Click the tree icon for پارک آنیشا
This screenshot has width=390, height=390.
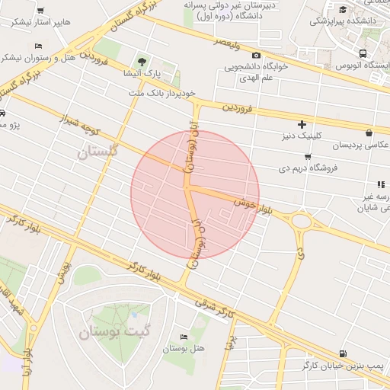142,62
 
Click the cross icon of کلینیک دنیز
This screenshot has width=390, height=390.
302,123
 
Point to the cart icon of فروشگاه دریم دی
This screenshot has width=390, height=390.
307,156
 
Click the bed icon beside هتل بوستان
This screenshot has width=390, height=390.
183,337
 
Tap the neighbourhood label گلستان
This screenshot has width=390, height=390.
99,153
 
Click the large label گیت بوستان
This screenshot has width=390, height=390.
113,332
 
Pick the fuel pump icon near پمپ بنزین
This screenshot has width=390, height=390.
344,353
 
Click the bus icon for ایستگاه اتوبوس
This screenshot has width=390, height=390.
363,54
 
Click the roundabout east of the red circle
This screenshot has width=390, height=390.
302,222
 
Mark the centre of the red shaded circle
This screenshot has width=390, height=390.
195,195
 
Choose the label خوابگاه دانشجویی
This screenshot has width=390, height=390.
254,66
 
